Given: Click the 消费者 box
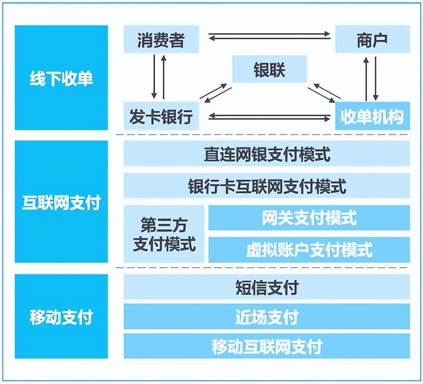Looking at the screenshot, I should [x=161, y=39].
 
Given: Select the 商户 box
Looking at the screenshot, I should [x=372, y=39].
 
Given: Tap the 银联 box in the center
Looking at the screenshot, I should [x=269, y=70].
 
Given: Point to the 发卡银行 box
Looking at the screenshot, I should [x=161, y=116].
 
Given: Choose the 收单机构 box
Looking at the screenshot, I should [x=372, y=116].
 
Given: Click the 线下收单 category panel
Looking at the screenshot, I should [x=61, y=78].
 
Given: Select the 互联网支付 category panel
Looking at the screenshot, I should [x=61, y=202].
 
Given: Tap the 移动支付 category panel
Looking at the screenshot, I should [x=61, y=316].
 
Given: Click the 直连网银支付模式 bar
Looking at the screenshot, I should [x=267, y=154].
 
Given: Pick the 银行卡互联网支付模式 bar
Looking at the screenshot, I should [x=267, y=186].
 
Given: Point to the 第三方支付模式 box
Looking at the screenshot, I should [x=164, y=234].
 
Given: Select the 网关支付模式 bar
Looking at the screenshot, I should [x=309, y=218].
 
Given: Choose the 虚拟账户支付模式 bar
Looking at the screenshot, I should [x=309, y=250].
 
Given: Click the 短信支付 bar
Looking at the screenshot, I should [x=267, y=287].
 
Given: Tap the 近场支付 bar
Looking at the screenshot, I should [x=267, y=316].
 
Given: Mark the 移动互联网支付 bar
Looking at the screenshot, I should [x=267, y=346].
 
